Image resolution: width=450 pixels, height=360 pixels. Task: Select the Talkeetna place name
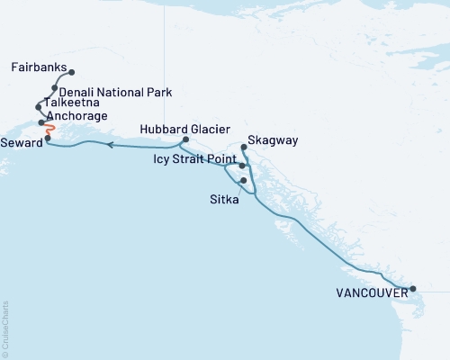pyautogui.click(x=71, y=104)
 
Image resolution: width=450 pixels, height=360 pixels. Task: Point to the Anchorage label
pyautogui.click(x=78, y=116)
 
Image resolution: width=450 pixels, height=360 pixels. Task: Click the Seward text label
pyautogui.click(x=21, y=139)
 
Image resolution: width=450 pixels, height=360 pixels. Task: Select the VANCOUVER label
pyautogui.click(x=371, y=292)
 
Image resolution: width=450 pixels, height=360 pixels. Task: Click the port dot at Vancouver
pyautogui.click(x=412, y=289)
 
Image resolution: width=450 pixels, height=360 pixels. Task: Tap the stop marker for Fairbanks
pyautogui.click(x=71, y=73)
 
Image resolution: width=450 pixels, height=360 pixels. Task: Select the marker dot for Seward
pyautogui.click(x=48, y=138)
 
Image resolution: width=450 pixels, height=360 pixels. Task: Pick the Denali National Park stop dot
pyautogui.click(x=55, y=88)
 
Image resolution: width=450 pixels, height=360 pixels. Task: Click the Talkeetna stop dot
pyautogui.click(x=38, y=106)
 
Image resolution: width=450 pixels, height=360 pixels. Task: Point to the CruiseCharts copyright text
pyautogui.click(x=5, y=328)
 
